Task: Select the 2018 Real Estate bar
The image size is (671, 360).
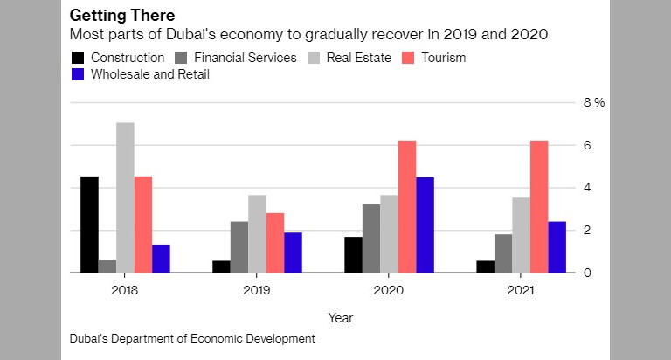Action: click(125, 197)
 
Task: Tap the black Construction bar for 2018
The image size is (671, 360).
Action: click(89, 225)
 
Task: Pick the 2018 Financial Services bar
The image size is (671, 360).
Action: click(107, 266)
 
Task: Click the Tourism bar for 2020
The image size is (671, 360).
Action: click(407, 206)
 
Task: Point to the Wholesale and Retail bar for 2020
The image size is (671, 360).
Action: click(425, 225)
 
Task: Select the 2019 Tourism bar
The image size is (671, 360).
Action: click(275, 243)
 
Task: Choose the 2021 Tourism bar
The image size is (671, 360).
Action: click(539, 206)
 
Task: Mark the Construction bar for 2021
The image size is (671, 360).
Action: click(486, 267)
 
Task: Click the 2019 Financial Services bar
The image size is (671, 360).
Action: click(239, 246)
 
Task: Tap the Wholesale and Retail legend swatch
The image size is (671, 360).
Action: click(77, 75)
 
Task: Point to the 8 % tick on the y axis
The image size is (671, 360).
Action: click(594, 102)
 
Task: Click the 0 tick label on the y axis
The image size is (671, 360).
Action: click(589, 273)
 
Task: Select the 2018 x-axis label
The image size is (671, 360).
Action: click(125, 287)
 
